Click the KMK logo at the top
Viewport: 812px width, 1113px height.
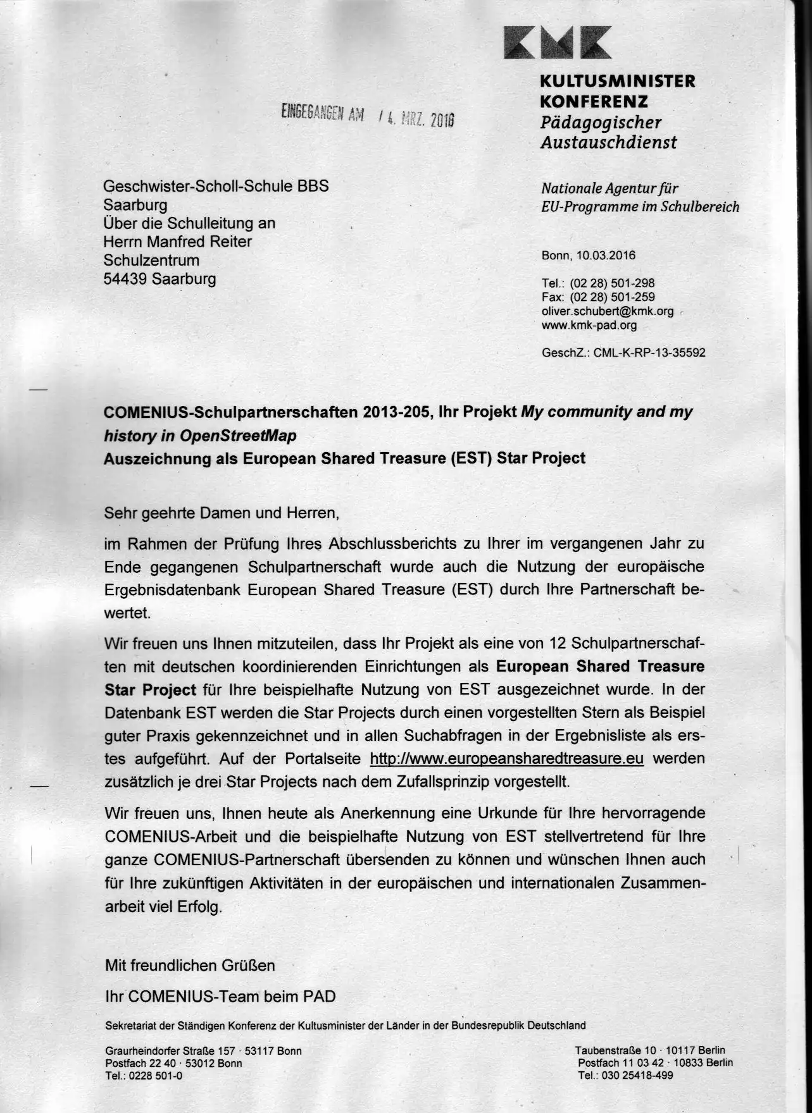pyautogui.click(x=558, y=42)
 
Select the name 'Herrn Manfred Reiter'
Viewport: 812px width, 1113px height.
pyautogui.click(x=178, y=242)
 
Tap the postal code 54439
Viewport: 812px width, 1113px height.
pyautogui.click(x=124, y=279)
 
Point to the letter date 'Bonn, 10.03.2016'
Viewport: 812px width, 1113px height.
pyautogui.click(x=589, y=255)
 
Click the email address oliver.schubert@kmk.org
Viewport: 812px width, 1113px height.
pyautogui.click(x=607, y=312)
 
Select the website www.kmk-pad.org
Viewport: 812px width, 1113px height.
pyautogui.click(x=589, y=326)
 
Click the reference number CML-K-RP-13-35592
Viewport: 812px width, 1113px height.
pyautogui.click(x=649, y=353)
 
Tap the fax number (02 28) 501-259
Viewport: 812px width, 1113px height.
pyautogui.click(x=612, y=297)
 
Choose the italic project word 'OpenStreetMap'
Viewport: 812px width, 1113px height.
pyautogui.click(x=238, y=436)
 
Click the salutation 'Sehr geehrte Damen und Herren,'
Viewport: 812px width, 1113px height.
pyautogui.click(x=222, y=513)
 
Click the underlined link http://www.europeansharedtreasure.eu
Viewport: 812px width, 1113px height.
pyautogui.click(x=506, y=759)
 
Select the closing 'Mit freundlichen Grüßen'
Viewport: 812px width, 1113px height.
pyautogui.click(x=190, y=966)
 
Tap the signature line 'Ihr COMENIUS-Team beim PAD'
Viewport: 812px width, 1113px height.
pyautogui.click(x=220, y=997)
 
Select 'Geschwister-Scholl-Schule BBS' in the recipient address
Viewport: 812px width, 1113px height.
pyautogui.click(x=216, y=186)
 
